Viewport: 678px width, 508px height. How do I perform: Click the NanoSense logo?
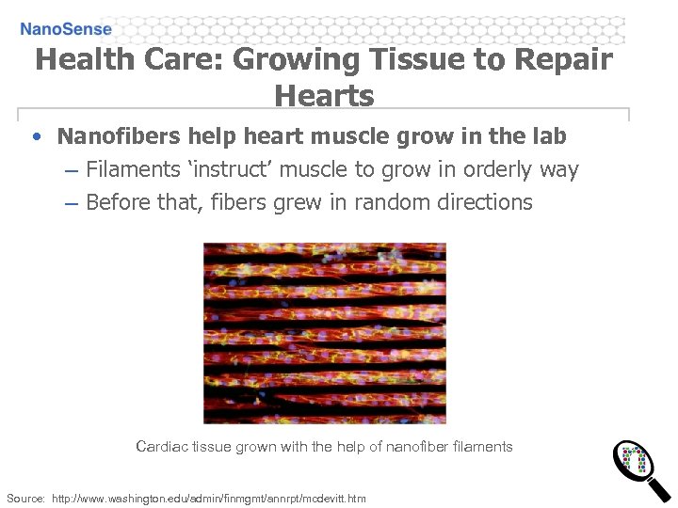pos(66,29)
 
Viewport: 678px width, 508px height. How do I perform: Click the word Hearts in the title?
pos(324,95)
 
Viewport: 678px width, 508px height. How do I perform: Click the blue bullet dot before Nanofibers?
pos(36,136)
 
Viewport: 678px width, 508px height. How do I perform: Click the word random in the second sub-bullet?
pos(386,202)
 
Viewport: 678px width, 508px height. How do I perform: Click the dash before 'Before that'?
pos(72,202)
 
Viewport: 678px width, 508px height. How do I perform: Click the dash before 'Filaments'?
pos(72,170)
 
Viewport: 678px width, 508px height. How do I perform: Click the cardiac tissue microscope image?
pos(325,332)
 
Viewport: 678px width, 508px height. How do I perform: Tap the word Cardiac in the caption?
pos(162,446)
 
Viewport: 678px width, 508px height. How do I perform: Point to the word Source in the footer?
pos(25,498)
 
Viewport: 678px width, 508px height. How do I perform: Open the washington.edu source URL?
pos(209,498)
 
